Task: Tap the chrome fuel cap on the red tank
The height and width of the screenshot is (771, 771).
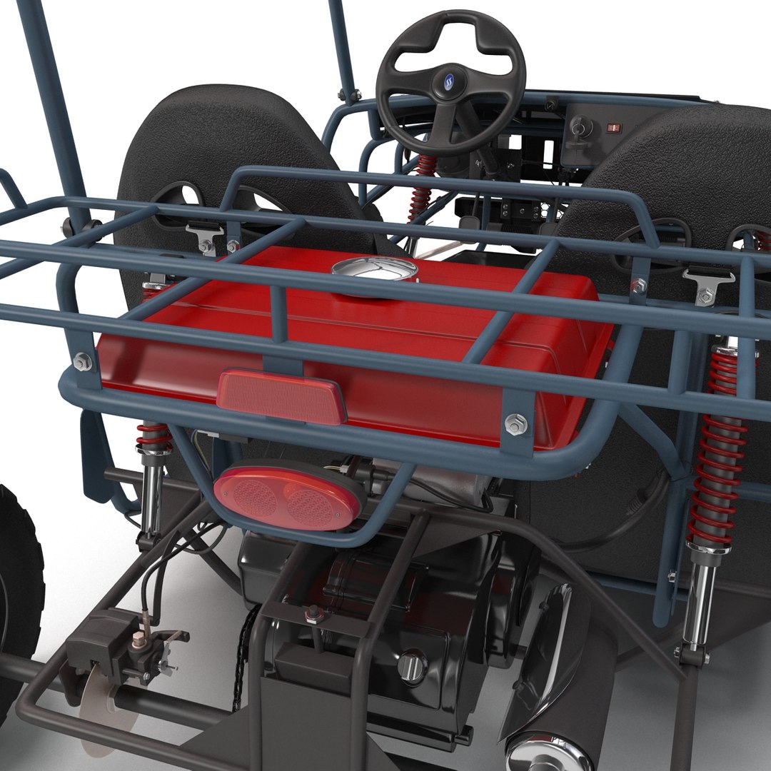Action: point(375,271)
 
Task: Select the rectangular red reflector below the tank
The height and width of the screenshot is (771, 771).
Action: point(281,396)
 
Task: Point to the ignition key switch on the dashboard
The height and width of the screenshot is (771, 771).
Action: point(580,129)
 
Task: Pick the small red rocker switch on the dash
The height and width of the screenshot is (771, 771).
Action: point(612,128)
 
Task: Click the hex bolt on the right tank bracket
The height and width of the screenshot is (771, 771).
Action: point(515,424)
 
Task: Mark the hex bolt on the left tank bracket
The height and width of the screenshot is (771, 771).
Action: point(83,362)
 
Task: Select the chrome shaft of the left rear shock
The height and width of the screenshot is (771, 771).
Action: point(151,493)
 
